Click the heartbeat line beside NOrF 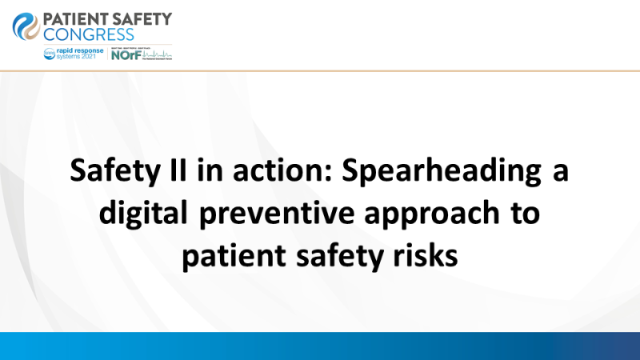click(x=158, y=56)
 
